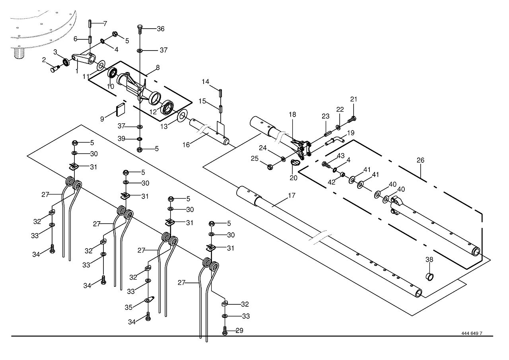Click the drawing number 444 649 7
[x=472, y=333]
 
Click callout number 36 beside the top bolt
[x=161, y=29]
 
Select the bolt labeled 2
[x=54, y=68]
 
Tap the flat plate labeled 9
[x=120, y=109]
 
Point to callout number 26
[x=420, y=160]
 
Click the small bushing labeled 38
[x=429, y=277]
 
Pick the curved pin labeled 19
[x=335, y=141]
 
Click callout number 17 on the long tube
[x=291, y=195]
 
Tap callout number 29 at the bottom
[x=239, y=331]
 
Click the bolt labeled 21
[x=352, y=119]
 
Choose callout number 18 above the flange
[x=292, y=115]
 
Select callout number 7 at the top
[x=105, y=23]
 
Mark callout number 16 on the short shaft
[x=186, y=145]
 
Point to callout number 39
[x=121, y=139]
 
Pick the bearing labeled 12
[x=168, y=107]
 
